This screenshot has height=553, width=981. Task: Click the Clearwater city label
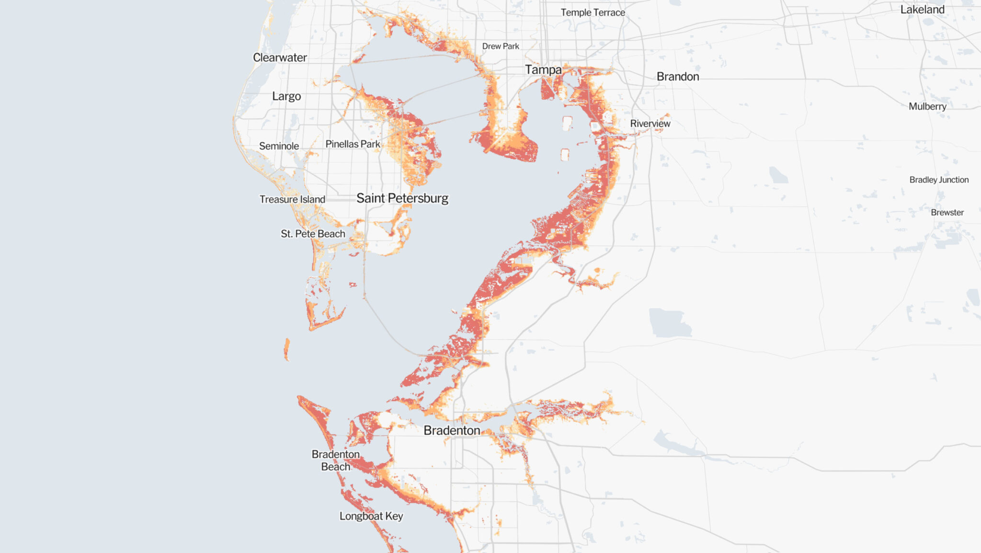click(x=280, y=58)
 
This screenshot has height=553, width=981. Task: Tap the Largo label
click(x=286, y=96)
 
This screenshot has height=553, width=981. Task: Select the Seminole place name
click(x=279, y=146)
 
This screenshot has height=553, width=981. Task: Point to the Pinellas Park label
click(x=353, y=144)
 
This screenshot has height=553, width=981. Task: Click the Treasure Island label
click(x=292, y=199)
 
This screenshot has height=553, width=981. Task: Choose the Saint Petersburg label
click(x=402, y=198)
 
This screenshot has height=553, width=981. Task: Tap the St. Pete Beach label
click(x=313, y=234)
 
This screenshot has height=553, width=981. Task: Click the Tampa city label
click(x=543, y=70)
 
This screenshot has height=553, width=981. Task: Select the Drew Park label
click(x=500, y=46)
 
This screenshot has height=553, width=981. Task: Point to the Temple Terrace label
click(x=593, y=12)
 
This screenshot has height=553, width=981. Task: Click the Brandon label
click(x=677, y=77)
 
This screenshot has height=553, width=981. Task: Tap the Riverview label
click(x=650, y=124)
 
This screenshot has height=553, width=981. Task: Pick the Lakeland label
click(x=922, y=10)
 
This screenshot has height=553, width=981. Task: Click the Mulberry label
click(x=927, y=106)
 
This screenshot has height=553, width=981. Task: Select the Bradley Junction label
click(x=938, y=180)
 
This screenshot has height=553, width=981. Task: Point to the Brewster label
click(x=947, y=212)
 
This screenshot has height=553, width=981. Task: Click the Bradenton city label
click(x=452, y=430)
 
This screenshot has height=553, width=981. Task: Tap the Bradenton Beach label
click(x=335, y=461)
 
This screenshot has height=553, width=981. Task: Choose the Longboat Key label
click(x=371, y=516)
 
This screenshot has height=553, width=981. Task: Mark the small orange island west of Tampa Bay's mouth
click(x=286, y=349)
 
